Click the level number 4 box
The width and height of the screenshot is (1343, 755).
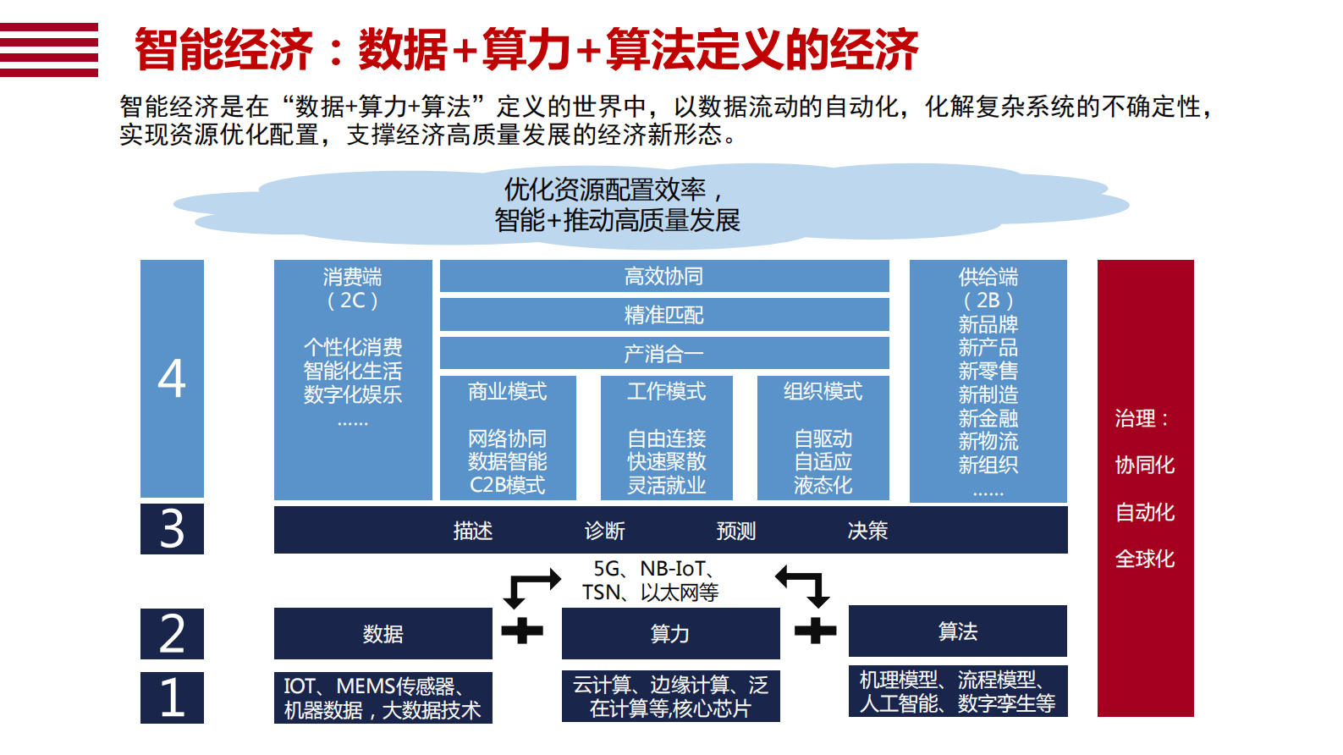point(172,378)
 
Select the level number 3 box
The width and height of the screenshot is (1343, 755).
point(172,529)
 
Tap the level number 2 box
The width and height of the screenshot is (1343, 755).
point(172,633)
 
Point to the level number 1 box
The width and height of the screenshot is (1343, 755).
point(172,697)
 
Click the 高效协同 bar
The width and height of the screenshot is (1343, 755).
point(664,276)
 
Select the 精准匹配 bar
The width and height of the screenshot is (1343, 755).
point(664,315)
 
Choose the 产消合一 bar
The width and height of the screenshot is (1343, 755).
point(664,354)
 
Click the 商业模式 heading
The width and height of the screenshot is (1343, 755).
point(508,392)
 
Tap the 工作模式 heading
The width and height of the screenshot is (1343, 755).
point(667,392)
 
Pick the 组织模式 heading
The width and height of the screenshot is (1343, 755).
point(823,392)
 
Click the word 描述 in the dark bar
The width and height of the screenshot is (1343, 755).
point(473,531)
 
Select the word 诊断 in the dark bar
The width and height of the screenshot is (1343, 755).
point(605,531)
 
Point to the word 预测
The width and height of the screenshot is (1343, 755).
point(736,531)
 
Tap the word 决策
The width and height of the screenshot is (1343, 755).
point(868,531)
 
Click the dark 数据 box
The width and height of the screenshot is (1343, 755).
point(383,633)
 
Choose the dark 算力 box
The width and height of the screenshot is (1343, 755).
point(670,633)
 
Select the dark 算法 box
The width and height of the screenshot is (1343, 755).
point(958,631)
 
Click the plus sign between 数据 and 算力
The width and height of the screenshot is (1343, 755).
point(522,631)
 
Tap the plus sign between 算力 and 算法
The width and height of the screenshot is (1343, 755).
point(815,631)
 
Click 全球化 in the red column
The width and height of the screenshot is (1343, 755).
point(1145,559)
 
